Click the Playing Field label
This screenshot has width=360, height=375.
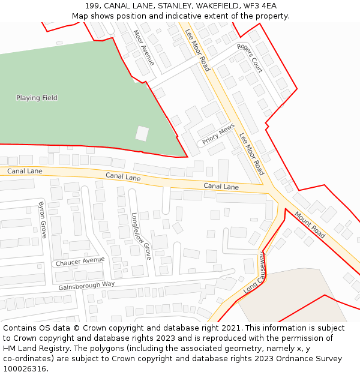click(37, 98)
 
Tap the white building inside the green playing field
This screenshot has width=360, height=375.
click(142, 133)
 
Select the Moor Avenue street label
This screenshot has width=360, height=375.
click(143, 47)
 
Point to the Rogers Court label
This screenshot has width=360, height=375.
click(250, 58)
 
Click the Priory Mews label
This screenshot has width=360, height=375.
click(218, 134)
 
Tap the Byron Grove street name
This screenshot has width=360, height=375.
click(43, 220)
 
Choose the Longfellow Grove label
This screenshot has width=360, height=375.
click(141, 236)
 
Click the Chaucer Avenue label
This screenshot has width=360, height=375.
click(80, 262)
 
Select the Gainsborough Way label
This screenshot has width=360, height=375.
click(86, 285)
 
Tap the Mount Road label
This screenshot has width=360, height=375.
click(310, 224)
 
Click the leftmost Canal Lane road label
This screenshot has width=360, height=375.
click(25, 171)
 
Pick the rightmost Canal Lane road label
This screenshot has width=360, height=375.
click(221, 187)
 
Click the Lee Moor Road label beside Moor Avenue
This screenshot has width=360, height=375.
click(197, 50)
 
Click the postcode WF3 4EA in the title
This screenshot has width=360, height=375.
click(260, 6)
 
